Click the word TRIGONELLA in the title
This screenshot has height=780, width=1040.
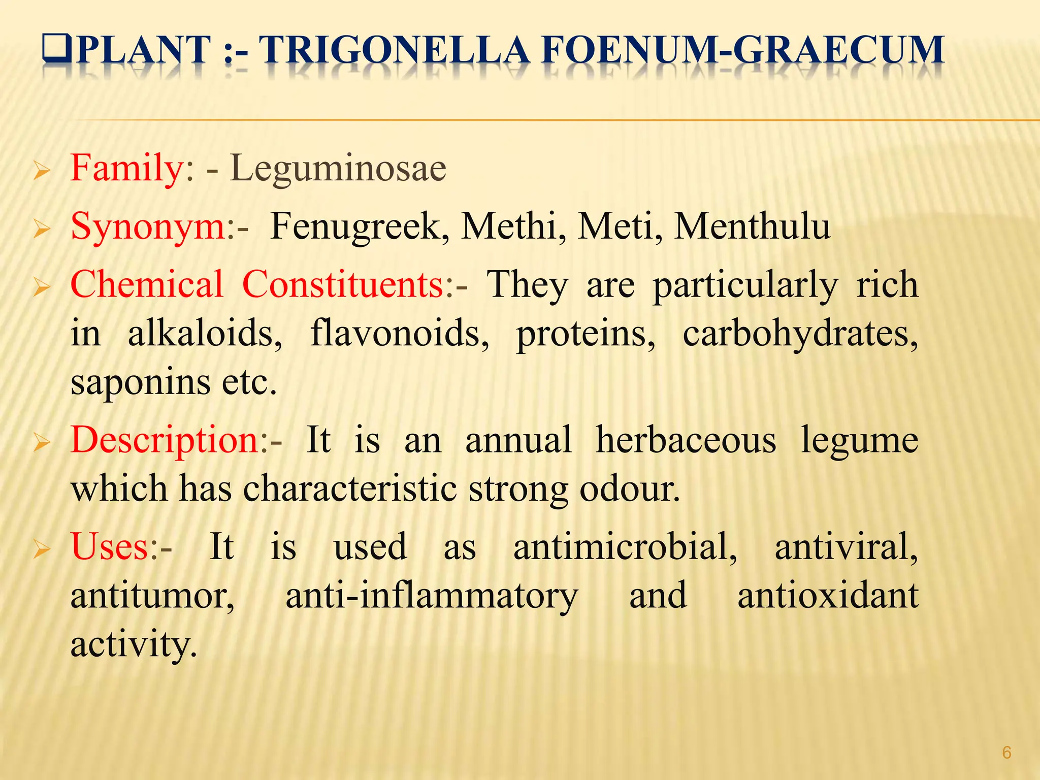(x=395, y=51)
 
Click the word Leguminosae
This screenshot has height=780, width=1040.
(x=338, y=169)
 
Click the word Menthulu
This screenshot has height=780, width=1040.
(x=752, y=227)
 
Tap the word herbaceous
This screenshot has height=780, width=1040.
(x=686, y=440)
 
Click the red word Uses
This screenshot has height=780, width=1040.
(x=110, y=547)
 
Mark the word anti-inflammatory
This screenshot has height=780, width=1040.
(x=432, y=596)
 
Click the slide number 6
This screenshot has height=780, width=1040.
(x=1006, y=753)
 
